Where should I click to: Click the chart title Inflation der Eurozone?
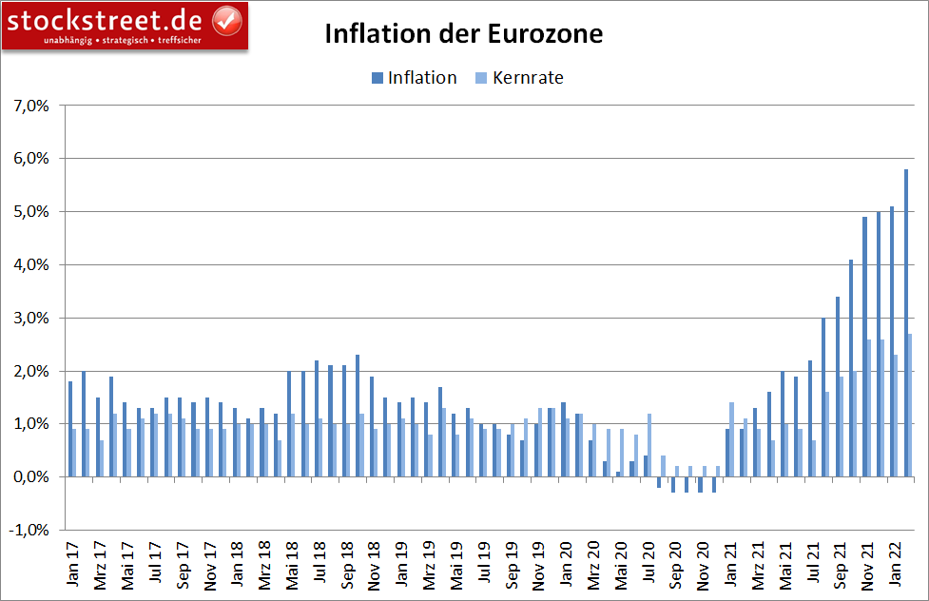(x=464, y=34)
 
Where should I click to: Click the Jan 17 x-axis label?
(x=72, y=564)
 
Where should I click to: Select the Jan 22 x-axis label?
(x=896, y=564)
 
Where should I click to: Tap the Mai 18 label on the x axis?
(x=292, y=564)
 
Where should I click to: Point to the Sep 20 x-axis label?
(x=675, y=564)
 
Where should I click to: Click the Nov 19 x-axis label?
(x=538, y=564)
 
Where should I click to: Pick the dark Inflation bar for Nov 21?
(x=864, y=347)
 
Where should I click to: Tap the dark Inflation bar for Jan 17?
(x=69, y=429)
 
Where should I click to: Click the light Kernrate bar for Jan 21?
(x=732, y=439)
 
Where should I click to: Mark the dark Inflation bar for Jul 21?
(x=809, y=418)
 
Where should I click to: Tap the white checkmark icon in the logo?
(x=224, y=18)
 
